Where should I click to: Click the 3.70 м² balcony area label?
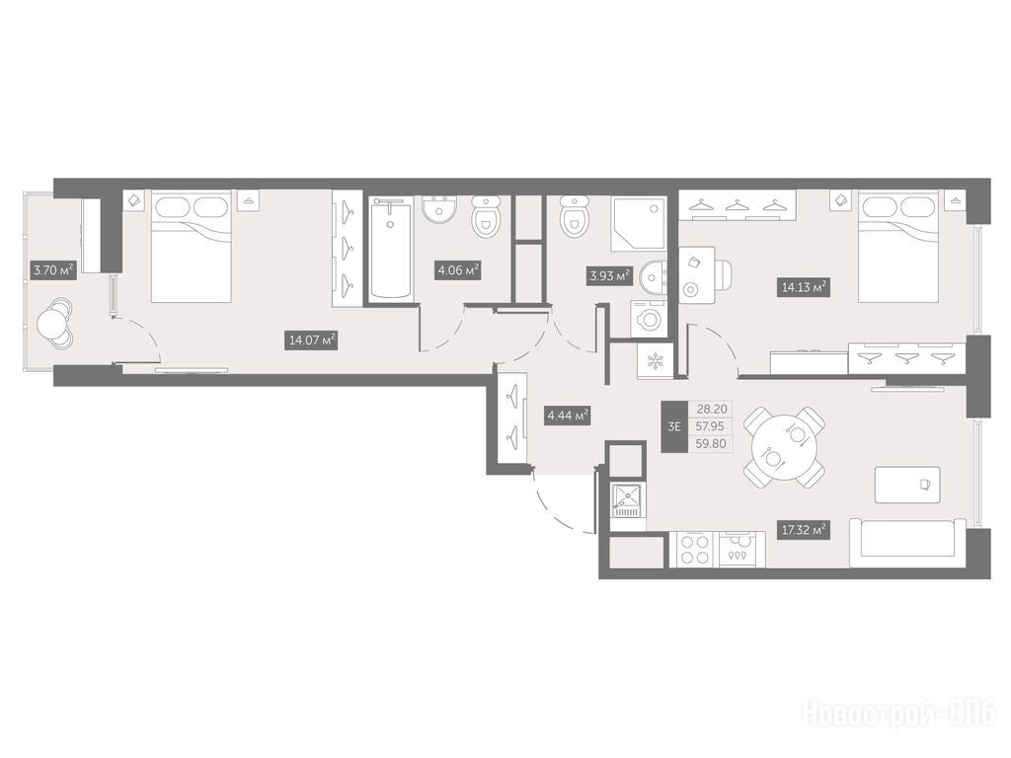(54, 269)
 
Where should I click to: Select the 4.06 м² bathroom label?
(458, 270)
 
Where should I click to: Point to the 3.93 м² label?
(609, 276)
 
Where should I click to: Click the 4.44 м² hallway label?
(568, 416)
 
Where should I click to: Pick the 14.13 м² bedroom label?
(804, 287)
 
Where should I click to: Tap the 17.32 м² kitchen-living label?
(804, 530)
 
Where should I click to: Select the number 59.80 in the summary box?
(711, 443)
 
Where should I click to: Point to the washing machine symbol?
(650, 319)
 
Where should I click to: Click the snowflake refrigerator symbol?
(655, 361)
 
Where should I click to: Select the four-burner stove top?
(694, 549)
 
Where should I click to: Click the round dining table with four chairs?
(784, 447)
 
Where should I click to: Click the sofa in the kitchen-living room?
(906, 543)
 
